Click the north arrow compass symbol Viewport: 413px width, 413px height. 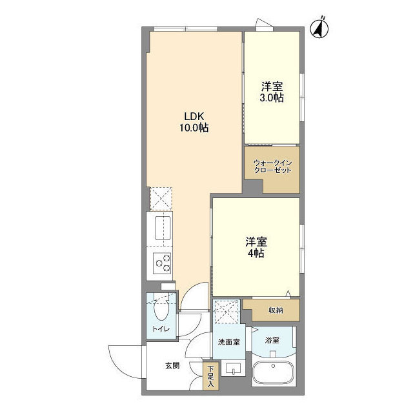coord(319,28)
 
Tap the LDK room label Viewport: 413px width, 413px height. coord(194,116)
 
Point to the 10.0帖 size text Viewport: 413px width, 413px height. coord(194,128)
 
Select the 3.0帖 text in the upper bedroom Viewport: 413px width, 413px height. coord(272,98)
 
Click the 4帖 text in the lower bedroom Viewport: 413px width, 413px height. coord(256,254)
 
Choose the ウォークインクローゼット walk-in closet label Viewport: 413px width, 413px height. coord(272,166)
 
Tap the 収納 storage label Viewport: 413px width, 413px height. coord(276,310)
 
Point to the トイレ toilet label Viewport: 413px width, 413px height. coord(161,329)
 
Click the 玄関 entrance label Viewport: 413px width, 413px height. coord(172,365)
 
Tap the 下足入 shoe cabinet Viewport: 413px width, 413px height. coord(210,377)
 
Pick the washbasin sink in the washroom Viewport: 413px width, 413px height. coord(232,369)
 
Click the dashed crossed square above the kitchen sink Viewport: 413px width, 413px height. coord(161,199)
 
